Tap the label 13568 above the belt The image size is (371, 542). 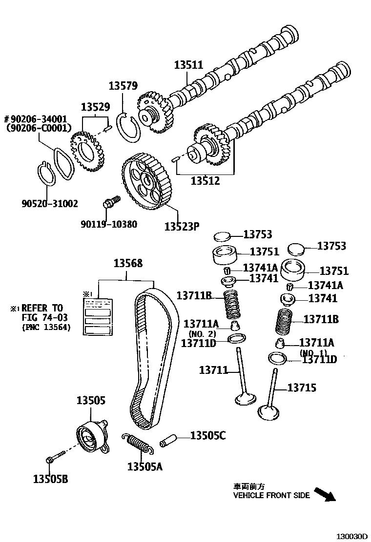[128, 263]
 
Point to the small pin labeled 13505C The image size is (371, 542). [167, 440]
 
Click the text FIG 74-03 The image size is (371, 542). [41, 318]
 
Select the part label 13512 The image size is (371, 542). [205, 181]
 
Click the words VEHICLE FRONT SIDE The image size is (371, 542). [271, 495]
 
